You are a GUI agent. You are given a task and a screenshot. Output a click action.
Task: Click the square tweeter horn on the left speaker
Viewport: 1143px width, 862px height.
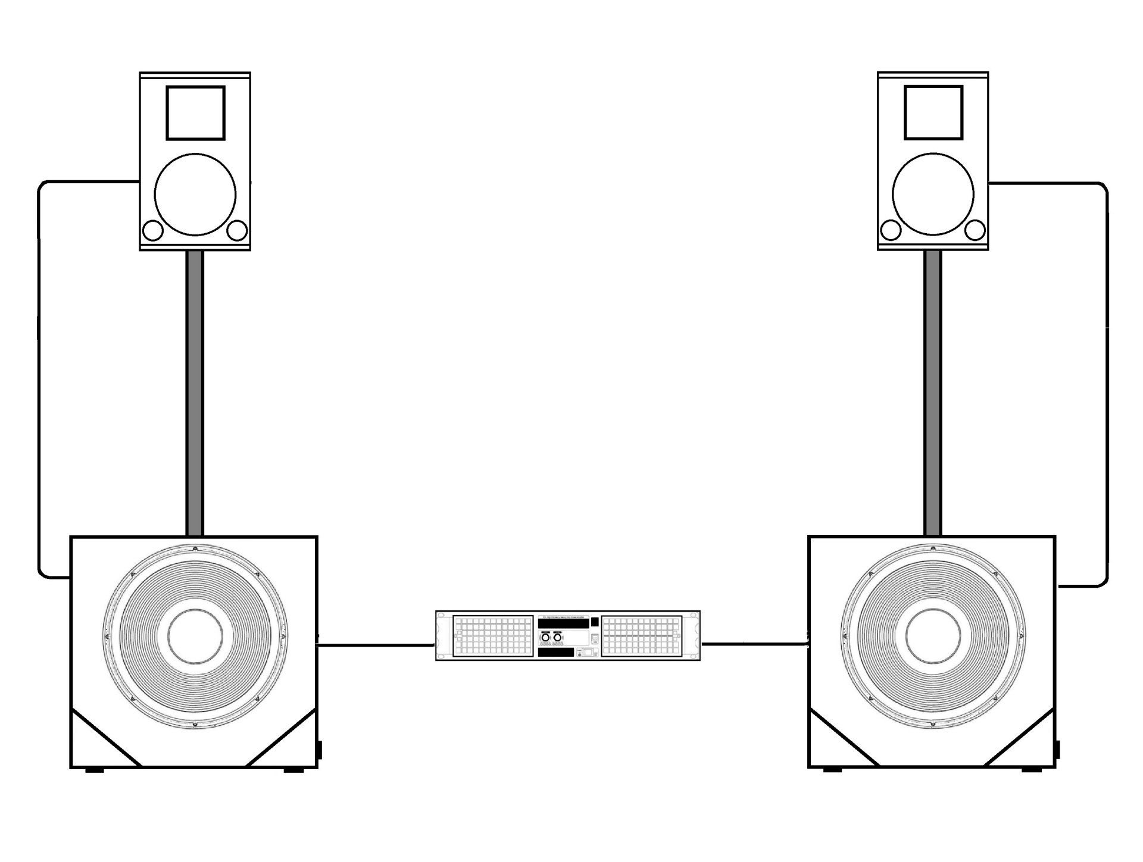(195, 113)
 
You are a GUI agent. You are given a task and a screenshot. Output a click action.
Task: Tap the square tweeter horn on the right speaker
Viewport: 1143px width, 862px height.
(933, 113)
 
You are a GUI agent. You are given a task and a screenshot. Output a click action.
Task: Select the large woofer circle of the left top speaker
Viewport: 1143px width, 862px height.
(195, 194)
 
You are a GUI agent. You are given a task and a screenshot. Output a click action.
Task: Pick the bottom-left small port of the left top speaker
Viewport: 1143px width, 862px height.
(153, 230)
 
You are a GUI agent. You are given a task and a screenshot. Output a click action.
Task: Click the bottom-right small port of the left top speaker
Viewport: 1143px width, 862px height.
(238, 230)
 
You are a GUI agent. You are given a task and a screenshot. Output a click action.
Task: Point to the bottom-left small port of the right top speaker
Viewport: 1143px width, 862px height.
(891, 230)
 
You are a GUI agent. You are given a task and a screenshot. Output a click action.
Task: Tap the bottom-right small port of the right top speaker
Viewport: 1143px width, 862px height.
(976, 230)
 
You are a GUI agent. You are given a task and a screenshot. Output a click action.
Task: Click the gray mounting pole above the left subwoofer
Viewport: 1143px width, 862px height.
(195, 393)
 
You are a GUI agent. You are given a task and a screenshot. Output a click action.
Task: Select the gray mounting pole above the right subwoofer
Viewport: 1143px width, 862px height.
(933, 393)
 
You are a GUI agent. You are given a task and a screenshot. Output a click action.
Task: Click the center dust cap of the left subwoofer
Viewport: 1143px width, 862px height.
(195, 637)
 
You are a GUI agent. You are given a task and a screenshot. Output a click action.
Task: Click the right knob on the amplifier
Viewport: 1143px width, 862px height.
(557, 638)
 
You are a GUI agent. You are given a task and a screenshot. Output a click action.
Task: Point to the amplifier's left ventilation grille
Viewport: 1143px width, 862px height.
(493, 636)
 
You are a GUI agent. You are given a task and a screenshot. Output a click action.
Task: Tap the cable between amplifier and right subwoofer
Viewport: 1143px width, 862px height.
(753, 644)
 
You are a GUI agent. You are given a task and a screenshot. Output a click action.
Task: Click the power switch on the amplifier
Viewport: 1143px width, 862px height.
(588, 652)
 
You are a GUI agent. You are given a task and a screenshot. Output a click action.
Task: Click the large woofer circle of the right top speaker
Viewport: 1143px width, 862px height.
(933, 194)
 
